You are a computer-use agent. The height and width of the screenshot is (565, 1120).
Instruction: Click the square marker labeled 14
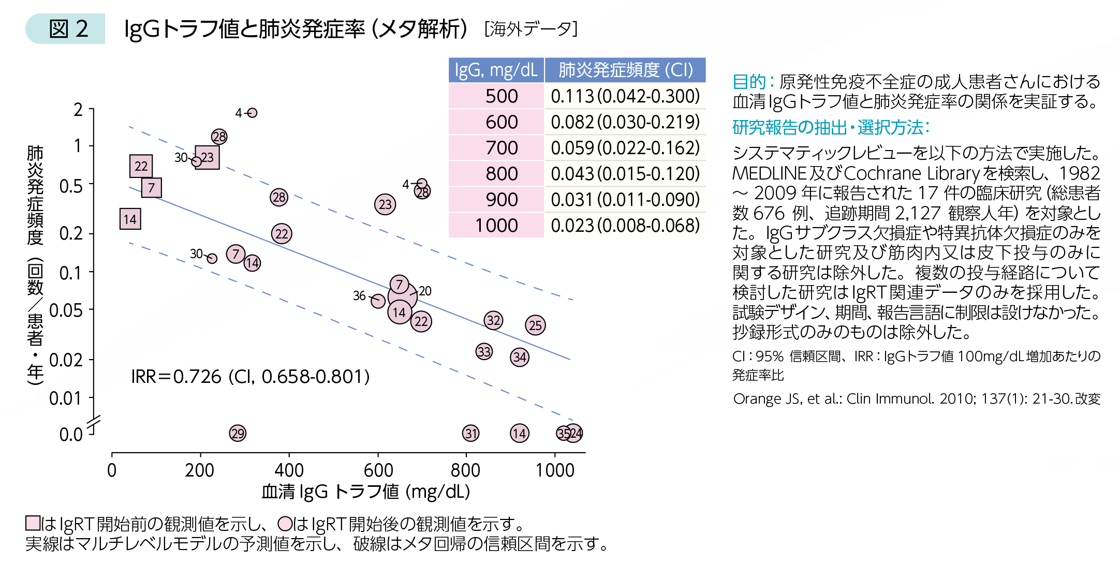pos(130,219)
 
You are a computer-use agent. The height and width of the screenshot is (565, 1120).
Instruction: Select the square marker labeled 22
pos(141,166)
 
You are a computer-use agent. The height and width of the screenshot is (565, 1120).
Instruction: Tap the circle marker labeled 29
pos(238,433)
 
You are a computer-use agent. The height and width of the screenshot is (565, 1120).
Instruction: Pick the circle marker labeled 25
pos(535,325)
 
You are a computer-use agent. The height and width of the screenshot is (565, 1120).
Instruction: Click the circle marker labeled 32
pos(493,320)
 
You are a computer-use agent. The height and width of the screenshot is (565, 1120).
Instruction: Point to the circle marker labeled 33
pos(484,352)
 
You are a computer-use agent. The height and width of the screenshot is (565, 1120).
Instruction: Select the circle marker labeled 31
pos(470,433)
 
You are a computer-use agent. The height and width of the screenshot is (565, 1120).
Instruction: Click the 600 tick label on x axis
pos(378,470)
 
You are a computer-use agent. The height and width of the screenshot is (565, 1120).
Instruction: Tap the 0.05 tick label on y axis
pos(66,311)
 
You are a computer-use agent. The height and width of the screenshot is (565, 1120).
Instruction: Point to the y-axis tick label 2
pos(78,110)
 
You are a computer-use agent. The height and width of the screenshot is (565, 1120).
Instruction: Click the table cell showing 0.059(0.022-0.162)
pos(625,148)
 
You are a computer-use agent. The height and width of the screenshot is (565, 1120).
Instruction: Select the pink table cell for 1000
pos(496,226)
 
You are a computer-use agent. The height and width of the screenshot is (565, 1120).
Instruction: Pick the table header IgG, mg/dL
pos(496,70)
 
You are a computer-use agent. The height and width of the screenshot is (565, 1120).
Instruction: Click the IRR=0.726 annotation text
pos(250,377)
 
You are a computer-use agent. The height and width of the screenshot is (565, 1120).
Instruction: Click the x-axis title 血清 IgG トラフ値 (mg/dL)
pos(365,492)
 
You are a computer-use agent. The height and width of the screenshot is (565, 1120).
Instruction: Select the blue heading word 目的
pos(748,82)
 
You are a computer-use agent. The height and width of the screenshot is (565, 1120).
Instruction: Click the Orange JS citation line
pos(916,399)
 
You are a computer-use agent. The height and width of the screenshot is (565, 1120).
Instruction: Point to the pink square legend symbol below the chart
pos(33,523)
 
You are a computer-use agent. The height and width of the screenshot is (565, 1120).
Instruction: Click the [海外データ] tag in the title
pos(530,29)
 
